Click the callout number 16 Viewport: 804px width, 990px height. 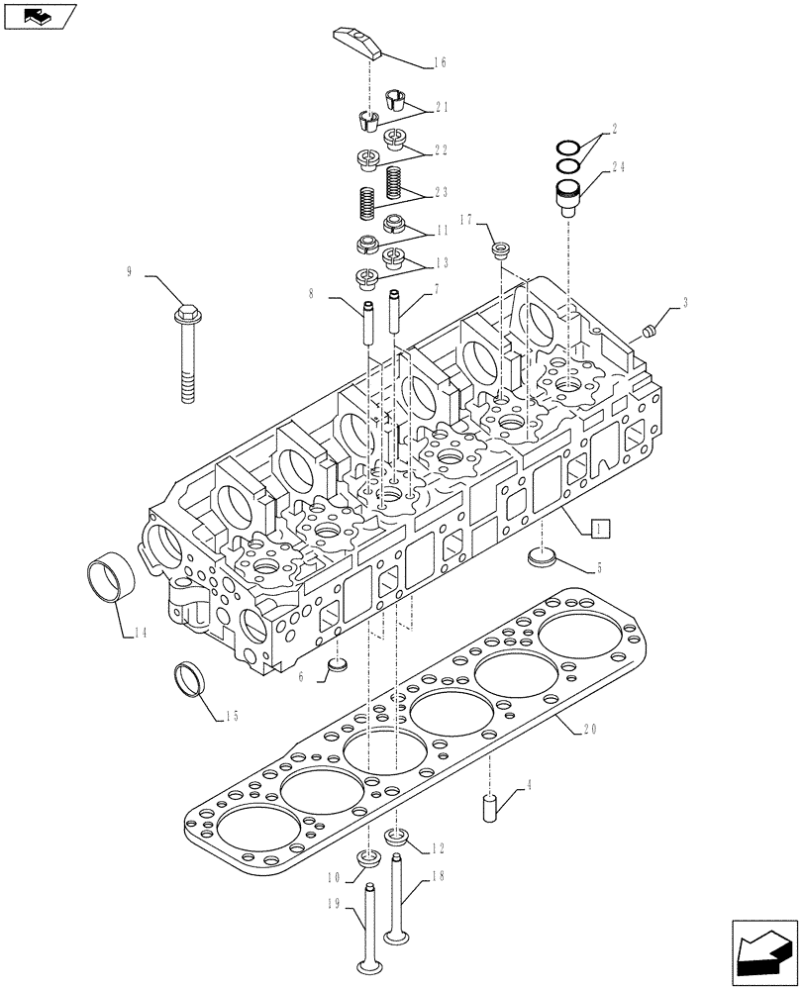point(439,61)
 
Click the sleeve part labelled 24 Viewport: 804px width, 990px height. point(566,194)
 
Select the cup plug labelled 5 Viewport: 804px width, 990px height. point(540,558)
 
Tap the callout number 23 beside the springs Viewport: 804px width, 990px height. point(439,193)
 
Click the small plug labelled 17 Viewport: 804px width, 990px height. point(500,247)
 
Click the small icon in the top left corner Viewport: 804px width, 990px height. point(39,16)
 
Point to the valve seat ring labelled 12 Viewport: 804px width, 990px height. point(397,839)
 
